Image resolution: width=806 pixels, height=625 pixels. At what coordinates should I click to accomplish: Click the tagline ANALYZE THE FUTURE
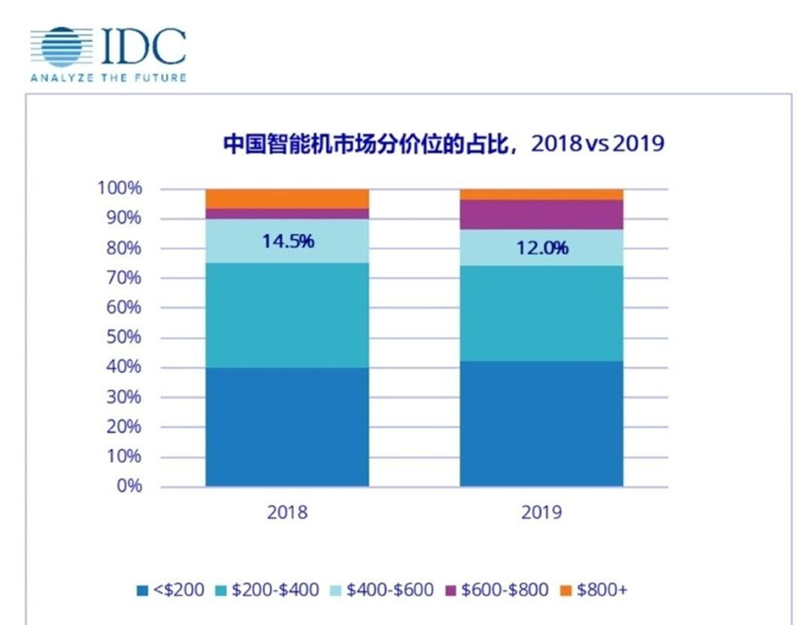(108, 78)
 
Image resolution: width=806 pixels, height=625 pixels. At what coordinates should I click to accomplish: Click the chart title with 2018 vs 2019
(443, 144)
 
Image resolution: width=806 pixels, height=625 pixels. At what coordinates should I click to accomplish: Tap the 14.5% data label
(287, 240)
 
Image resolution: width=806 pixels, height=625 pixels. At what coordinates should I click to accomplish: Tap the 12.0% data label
(542, 247)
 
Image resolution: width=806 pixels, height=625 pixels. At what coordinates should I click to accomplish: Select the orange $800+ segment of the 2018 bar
(287, 198)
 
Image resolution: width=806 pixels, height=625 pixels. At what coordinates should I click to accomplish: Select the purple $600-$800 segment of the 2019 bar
(542, 214)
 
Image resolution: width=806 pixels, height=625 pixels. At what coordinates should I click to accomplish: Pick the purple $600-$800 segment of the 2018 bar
(287, 213)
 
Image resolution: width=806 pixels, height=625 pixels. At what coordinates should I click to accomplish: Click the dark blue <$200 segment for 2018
(287, 427)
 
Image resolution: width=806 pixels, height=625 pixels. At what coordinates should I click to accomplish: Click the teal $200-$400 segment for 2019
(542, 313)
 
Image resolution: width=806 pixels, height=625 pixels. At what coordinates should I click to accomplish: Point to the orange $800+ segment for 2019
(542, 194)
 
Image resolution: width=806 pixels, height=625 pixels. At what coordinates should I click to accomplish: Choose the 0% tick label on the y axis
(130, 486)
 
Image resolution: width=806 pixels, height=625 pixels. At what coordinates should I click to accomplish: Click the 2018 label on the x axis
(287, 512)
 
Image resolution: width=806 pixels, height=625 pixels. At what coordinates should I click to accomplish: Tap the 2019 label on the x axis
(542, 512)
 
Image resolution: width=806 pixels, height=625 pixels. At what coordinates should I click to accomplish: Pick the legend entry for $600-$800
(496, 590)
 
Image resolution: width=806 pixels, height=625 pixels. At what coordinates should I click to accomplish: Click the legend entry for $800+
(593, 590)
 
